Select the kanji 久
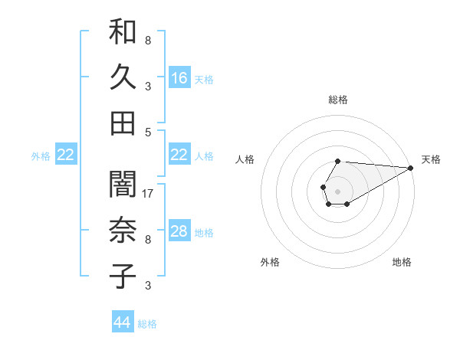(123, 77)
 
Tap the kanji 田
(123, 123)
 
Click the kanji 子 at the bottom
(123, 276)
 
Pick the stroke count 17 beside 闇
(149, 194)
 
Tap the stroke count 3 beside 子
(148, 286)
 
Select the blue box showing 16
(179, 77)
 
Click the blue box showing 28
(179, 231)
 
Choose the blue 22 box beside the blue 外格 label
(66, 155)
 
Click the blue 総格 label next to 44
(147, 324)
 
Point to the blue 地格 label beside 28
(205, 232)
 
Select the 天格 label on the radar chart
(431, 159)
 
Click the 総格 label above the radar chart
(338, 100)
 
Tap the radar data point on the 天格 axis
(411, 168)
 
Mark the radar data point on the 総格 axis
(338, 161)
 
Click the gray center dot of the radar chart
(338, 191)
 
